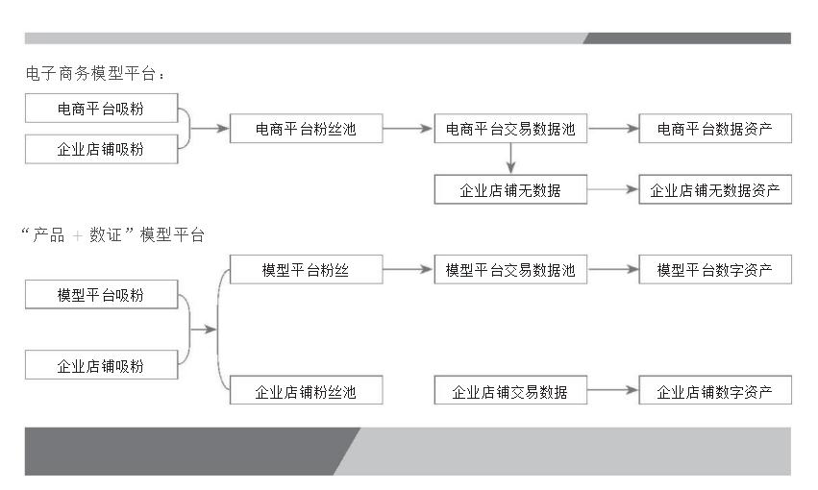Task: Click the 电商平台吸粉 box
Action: (101, 109)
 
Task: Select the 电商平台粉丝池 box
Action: (306, 128)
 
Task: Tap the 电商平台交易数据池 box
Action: (510, 128)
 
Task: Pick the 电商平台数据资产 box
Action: (714, 128)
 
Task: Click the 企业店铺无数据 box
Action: (510, 190)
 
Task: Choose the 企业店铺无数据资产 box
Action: (714, 190)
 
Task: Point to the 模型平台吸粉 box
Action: (101, 295)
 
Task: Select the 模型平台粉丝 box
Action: (306, 270)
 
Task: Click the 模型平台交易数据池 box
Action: (510, 270)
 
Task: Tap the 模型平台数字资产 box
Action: (714, 270)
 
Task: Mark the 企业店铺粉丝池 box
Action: (306, 392)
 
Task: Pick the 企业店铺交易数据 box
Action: (510, 392)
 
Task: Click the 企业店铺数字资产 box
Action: (714, 392)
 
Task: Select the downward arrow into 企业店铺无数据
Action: (510, 159)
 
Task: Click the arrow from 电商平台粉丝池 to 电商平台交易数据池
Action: (408, 128)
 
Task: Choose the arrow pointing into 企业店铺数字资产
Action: (612, 391)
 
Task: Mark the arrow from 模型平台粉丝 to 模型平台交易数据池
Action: (408, 270)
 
